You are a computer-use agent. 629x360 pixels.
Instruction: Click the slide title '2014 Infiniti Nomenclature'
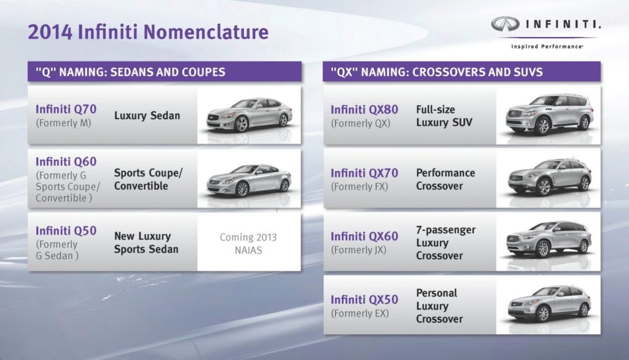pyautogui.click(x=147, y=32)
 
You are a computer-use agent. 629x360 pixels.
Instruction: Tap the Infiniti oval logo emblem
pyautogui.click(x=506, y=25)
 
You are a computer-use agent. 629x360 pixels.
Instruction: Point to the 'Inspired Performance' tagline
pyautogui.click(x=547, y=46)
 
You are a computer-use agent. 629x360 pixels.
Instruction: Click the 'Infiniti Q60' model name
pyautogui.click(x=66, y=162)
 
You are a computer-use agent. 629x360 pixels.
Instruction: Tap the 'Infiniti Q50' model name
pyautogui.click(x=66, y=230)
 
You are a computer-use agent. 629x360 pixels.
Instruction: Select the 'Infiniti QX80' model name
pyautogui.click(x=364, y=109)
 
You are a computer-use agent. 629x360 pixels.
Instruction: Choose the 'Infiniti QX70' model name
pyautogui.click(x=364, y=173)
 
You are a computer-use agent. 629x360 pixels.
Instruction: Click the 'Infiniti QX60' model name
pyautogui.click(x=364, y=237)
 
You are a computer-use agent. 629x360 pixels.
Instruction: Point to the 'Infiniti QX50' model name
pyautogui.click(x=364, y=300)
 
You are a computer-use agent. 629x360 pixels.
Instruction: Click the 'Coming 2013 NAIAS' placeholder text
pyautogui.click(x=248, y=243)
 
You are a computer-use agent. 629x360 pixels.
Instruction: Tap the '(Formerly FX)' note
pyautogui.click(x=359, y=186)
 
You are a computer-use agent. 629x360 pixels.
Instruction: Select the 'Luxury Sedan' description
pyautogui.click(x=147, y=115)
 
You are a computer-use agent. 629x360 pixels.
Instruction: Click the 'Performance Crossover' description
pyautogui.click(x=445, y=179)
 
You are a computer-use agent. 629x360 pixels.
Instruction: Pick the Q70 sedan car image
pyautogui.click(x=249, y=115)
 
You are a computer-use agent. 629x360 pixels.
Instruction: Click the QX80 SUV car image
pyautogui.click(x=549, y=114)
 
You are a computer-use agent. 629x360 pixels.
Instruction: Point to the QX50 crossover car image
pyautogui.click(x=549, y=303)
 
